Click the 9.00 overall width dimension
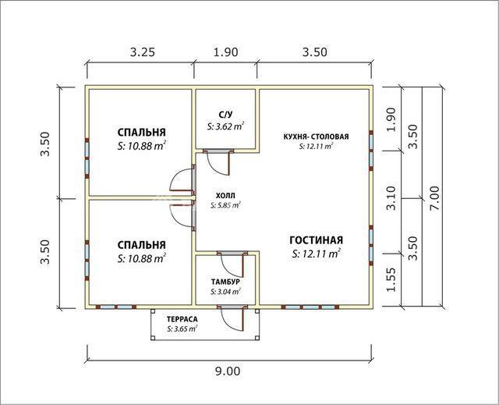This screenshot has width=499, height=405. coord(228,371)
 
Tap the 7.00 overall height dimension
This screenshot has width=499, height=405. coord(434,197)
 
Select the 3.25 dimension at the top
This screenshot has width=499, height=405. coord(143,52)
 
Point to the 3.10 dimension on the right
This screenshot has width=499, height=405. coord(391,197)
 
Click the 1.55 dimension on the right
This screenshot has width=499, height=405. coord(391,279)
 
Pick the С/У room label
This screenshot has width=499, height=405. coord(225,114)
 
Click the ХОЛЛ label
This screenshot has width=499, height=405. coord(225,195)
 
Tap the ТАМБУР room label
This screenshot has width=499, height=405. coord(225,282)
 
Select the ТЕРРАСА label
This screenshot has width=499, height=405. coord(182,319)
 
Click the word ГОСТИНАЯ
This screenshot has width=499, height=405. coord(316,240)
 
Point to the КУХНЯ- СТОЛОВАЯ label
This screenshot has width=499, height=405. coord(316,137)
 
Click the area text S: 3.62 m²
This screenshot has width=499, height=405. coord(225,126)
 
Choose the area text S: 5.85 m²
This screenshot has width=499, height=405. coord(225,205)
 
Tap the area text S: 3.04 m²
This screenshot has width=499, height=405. coord(225,292)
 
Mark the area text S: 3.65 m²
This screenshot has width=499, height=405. coord(182,329)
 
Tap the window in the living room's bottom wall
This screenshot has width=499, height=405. coord(310,307)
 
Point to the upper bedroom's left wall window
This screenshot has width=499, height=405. coord(87,158)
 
